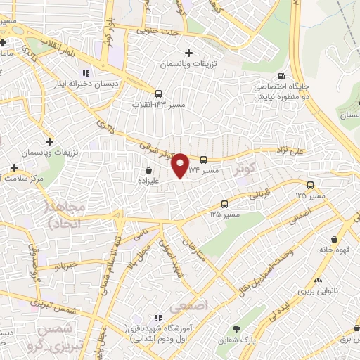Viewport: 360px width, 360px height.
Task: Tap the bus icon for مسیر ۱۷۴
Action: pos(203,160)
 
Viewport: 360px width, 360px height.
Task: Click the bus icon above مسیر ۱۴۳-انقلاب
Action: pos(158,93)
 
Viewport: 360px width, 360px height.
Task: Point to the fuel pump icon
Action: pos(282,77)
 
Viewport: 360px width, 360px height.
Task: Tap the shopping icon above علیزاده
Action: pos(148,170)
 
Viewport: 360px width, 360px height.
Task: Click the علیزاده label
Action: pos(148,180)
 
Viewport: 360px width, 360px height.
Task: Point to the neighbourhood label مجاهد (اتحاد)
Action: pos(65,215)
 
